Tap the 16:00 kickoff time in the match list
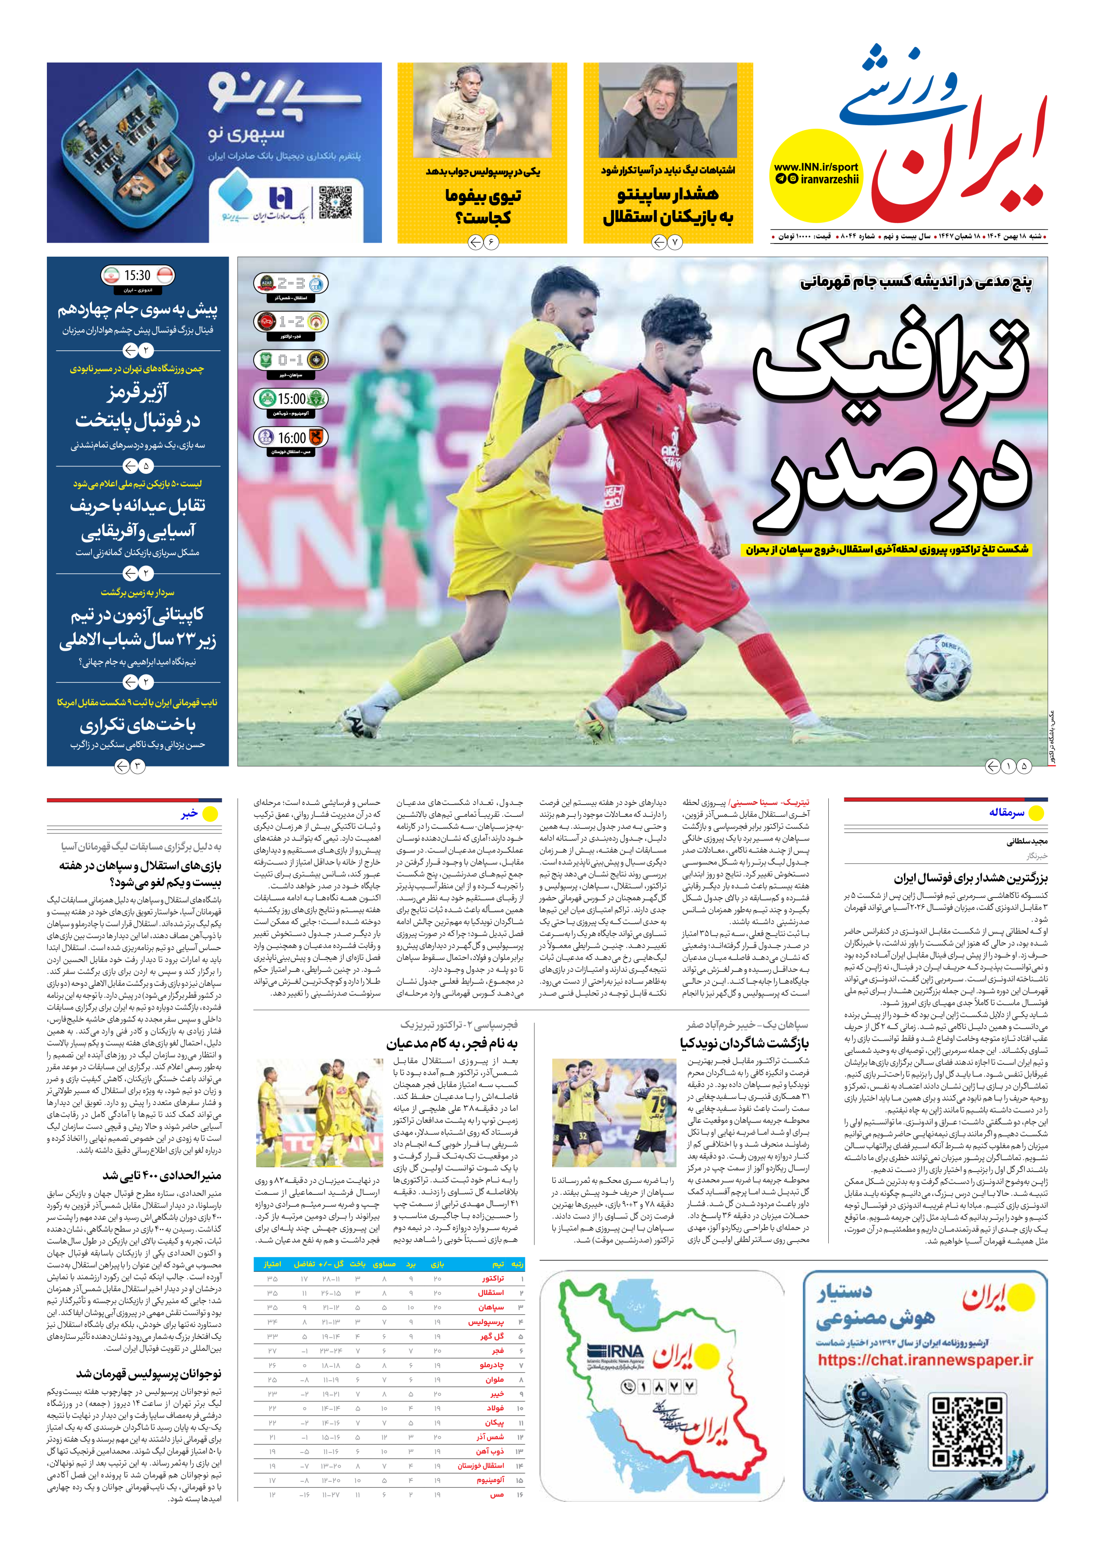[292, 438]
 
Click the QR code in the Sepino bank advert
[335, 202]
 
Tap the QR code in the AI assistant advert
[968, 1430]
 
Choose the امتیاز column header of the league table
[272, 1264]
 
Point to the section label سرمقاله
[1007, 812]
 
